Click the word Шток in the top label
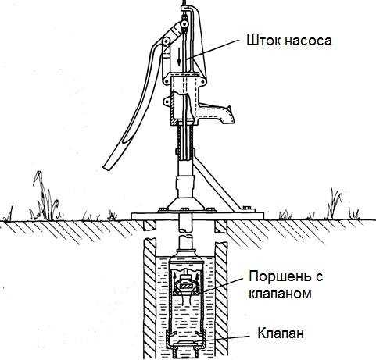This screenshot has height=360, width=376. point(262,41)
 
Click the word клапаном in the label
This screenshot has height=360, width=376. point(281,294)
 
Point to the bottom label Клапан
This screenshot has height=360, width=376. point(281,333)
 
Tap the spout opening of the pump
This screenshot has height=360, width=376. point(230,115)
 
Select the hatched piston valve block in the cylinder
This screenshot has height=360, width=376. point(186,286)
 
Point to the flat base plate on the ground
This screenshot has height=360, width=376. point(198,216)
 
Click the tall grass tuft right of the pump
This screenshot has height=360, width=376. point(335,203)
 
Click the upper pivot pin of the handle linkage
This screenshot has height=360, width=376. point(184,24)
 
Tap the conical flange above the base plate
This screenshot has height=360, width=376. point(185,203)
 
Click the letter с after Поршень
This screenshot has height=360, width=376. point(319,278)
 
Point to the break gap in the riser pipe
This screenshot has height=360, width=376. point(185,233)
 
